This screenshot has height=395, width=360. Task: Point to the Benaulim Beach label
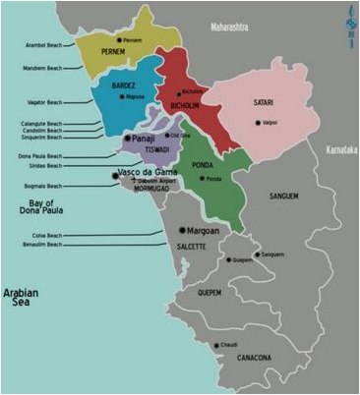[x=41, y=246]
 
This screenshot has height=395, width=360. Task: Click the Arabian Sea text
[x=21, y=299]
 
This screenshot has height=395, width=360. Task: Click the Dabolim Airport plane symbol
[x=134, y=181]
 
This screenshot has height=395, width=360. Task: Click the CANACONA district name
[x=258, y=358]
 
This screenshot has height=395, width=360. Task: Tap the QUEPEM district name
[x=209, y=291]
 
